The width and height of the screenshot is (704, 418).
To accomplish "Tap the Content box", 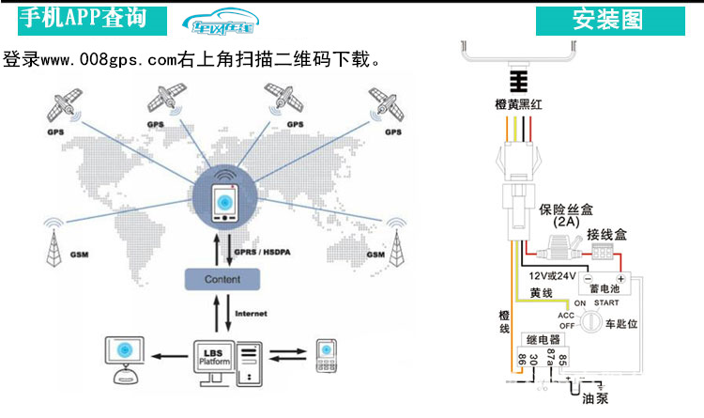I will (x=222, y=279).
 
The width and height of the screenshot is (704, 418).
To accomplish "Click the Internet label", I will (x=253, y=313).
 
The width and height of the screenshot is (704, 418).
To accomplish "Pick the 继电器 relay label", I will (x=543, y=338).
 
